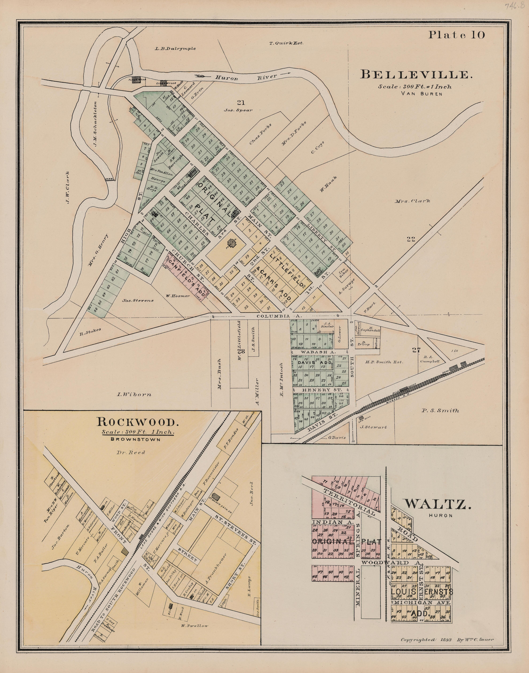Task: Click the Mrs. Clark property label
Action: [413, 201]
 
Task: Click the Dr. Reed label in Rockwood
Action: [135, 452]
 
